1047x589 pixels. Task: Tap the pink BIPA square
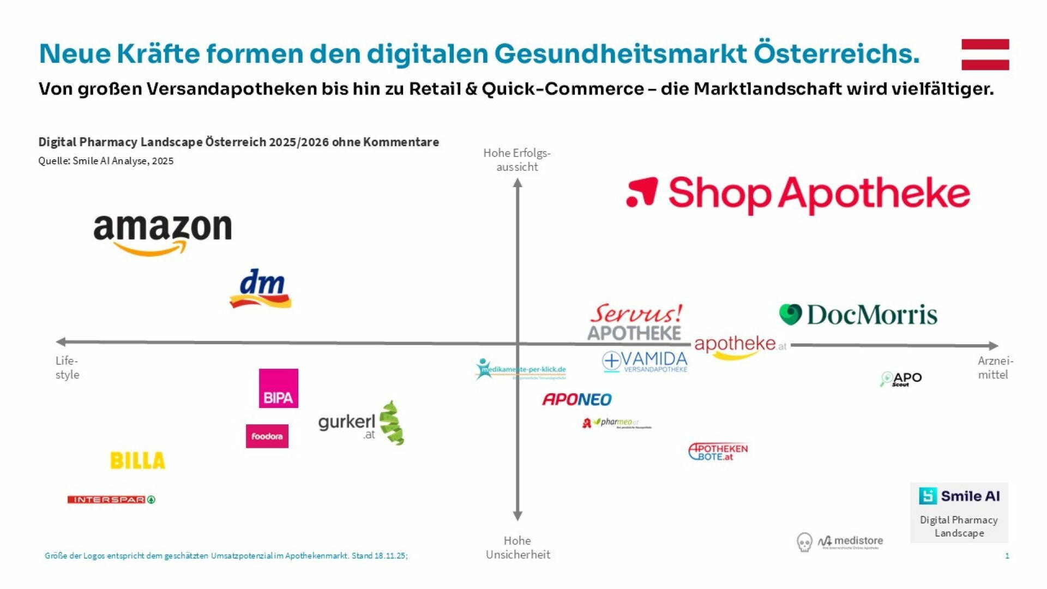(x=278, y=388)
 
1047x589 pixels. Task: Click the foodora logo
(x=267, y=436)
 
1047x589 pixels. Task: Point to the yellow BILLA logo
(x=137, y=461)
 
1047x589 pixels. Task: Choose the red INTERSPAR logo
(x=111, y=500)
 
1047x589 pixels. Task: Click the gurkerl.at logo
(x=360, y=424)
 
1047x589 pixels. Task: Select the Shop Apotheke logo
(x=798, y=194)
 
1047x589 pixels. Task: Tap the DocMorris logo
(x=858, y=315)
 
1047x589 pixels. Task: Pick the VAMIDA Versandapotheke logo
(x=645, y=362)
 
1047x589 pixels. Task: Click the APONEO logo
(x=577, y=400)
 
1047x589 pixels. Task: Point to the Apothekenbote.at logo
(x=718, y=452)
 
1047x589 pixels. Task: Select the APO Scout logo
(x=901, y=379)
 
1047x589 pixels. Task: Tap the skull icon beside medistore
(x=804, y=542)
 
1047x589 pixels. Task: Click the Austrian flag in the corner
(x=985, y=55)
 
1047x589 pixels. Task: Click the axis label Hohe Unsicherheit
(x=518, y=548)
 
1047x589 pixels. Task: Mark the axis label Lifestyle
(x=67, y=368)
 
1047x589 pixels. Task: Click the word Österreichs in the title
(x=837, y=53)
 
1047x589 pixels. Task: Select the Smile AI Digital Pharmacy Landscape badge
(x=959, y=513)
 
